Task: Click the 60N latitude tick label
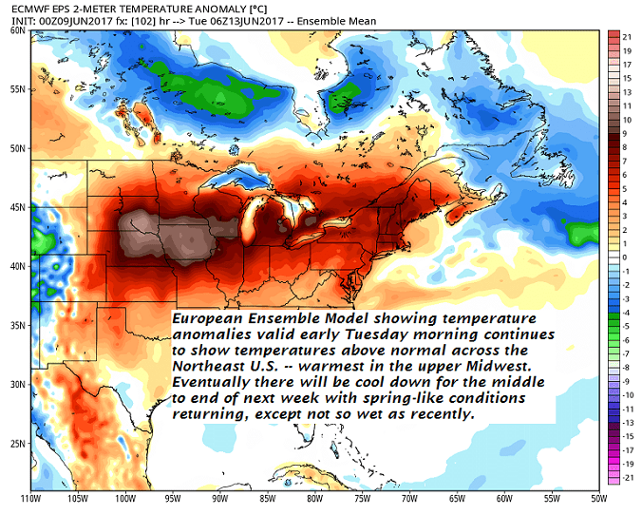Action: click(16, 29)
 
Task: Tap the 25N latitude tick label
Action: click(16, 443)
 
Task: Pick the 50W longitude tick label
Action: click(597, 499)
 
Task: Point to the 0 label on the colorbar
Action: click(625, 257)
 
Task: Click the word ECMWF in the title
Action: click(20, 8)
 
